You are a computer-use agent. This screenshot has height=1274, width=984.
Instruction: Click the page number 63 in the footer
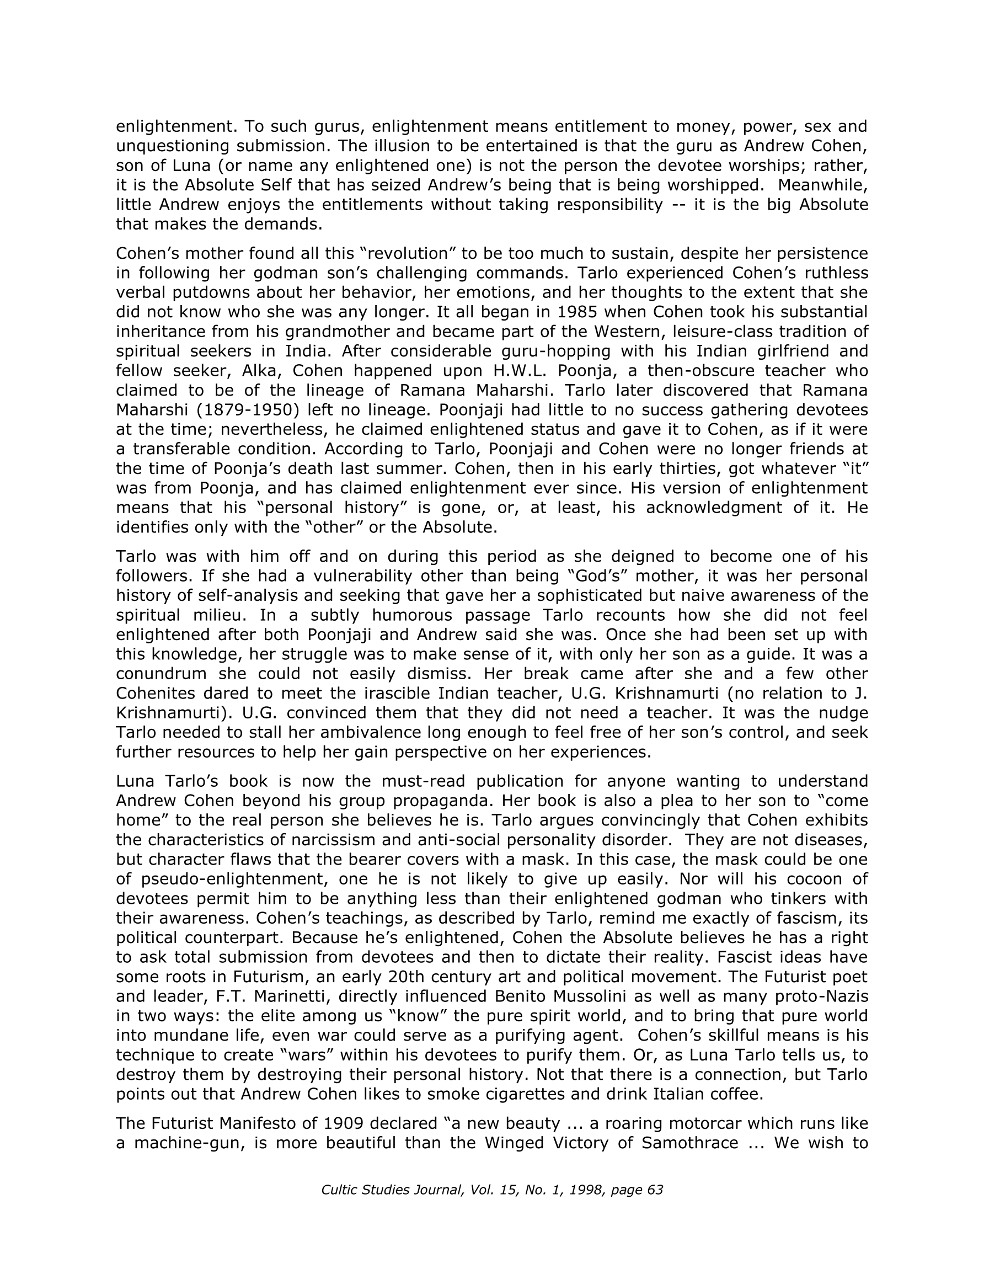[x=655, y=1190]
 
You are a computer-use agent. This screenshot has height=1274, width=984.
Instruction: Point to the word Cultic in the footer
[x=338, y=1190]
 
